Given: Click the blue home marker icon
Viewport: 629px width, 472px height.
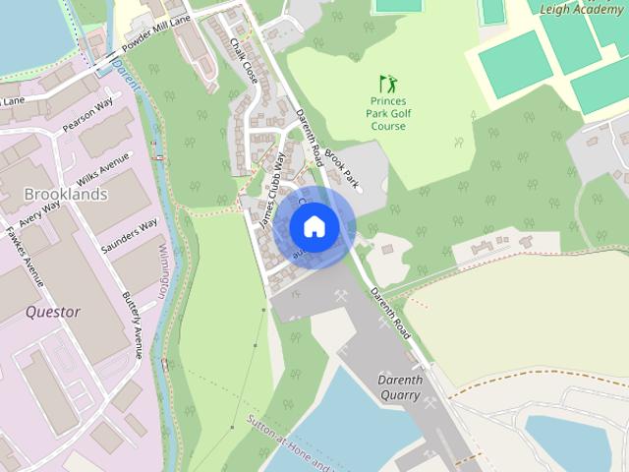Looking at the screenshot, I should (x=314, y=226).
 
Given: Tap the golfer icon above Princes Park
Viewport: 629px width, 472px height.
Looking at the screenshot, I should (x=388, y=85).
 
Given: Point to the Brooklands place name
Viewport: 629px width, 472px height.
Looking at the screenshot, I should (x=66, y=194).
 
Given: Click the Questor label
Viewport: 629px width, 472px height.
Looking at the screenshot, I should (x=53, y=312).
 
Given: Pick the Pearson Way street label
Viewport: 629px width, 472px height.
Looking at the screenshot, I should (x=88, y=111).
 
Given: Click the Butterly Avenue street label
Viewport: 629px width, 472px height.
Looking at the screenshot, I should (x=133, y=324).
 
